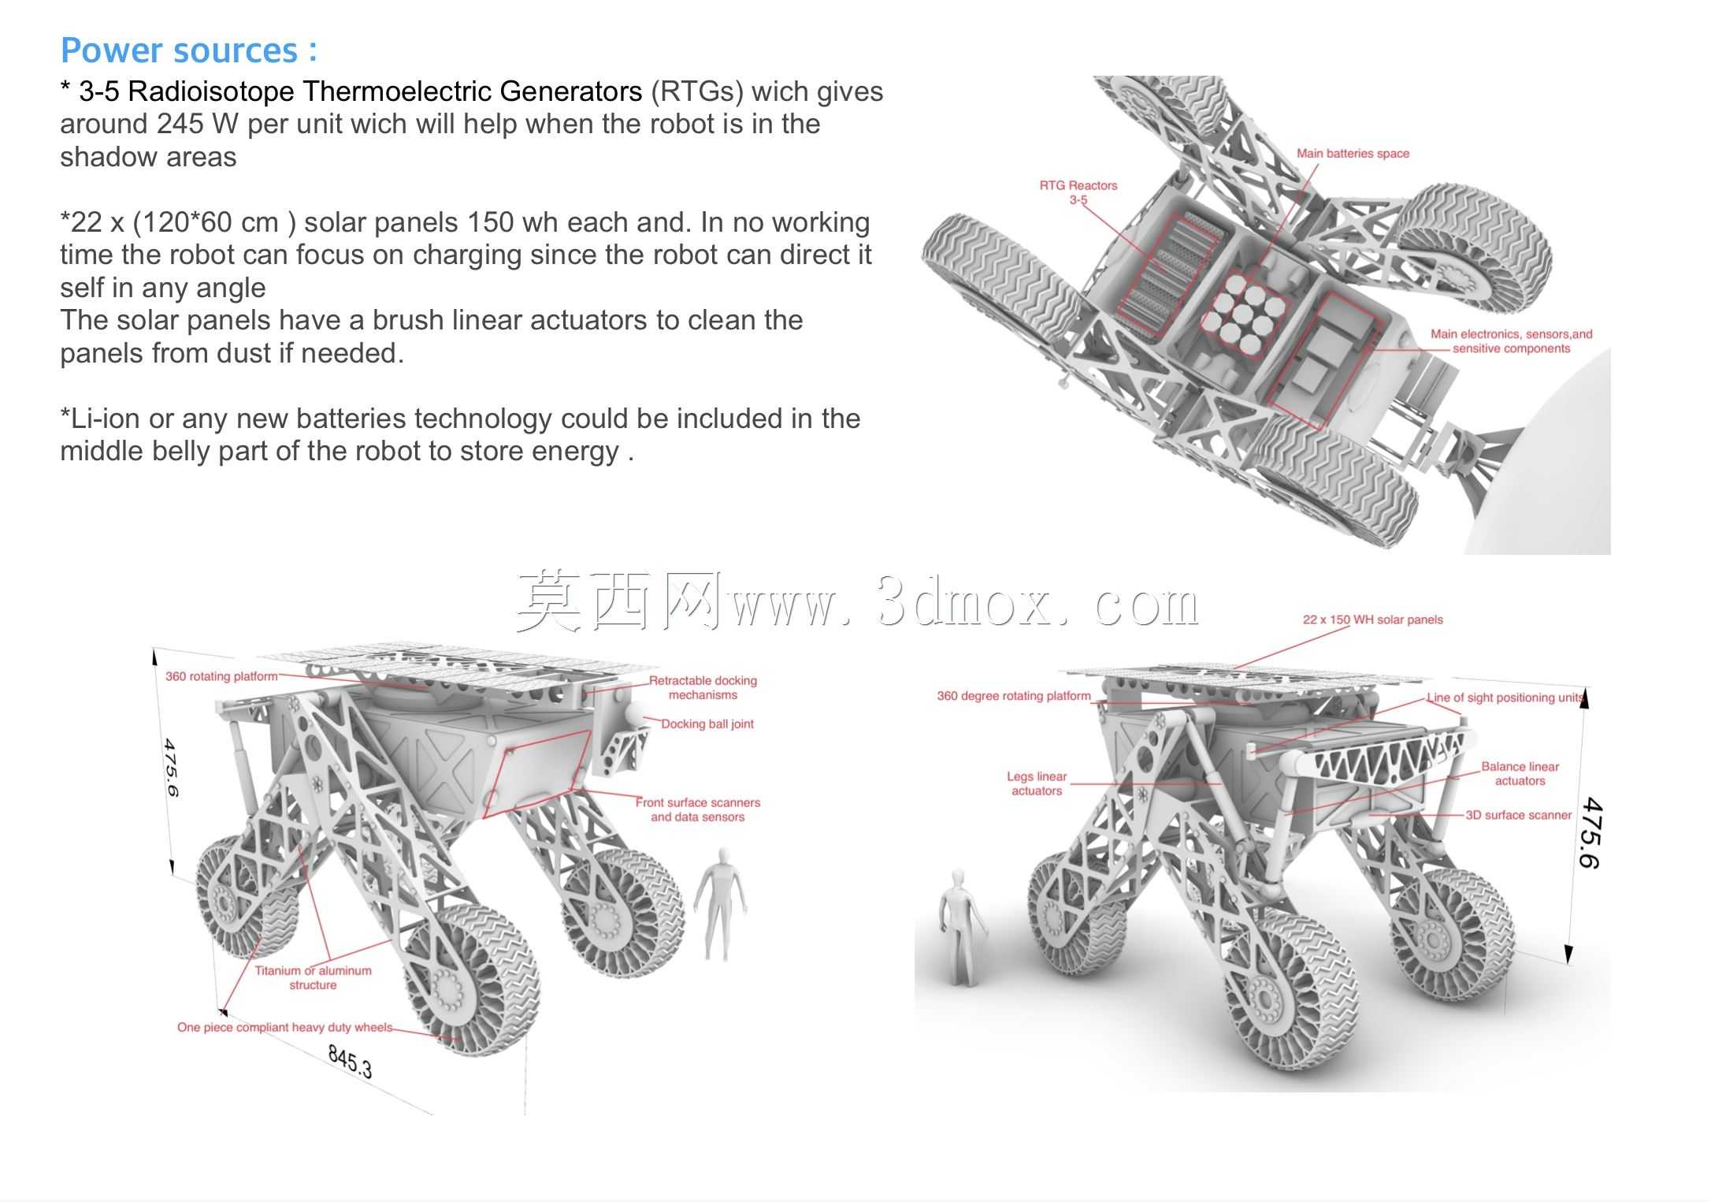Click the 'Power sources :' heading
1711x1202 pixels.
[x=189, y=50]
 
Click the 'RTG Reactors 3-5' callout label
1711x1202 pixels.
[x=1078, y=192]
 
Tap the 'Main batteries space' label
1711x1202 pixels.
[x=1353, y=153]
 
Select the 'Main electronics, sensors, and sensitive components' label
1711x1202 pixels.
[x=1511, y=341]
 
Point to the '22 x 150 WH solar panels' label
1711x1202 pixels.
[x=1372, y=620]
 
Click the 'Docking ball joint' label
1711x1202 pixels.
[x=707, y=724]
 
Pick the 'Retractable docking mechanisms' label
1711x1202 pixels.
[x=703, y=687]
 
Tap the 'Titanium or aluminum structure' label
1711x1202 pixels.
[x=313, y=977]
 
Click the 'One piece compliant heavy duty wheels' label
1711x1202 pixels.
[x=284, y=1027]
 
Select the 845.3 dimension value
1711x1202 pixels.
[x=350, y=1061]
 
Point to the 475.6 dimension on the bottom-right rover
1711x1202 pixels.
[x=1590, y=833]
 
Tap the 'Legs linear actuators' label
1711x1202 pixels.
[x=1037, y=783]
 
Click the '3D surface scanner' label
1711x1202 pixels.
[x=1518, y=815]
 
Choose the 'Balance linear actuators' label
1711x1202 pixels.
[x=1520, y=773]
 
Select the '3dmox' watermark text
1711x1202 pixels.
[x=964, y=603]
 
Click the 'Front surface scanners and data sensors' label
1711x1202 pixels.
[x=698, y=809]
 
